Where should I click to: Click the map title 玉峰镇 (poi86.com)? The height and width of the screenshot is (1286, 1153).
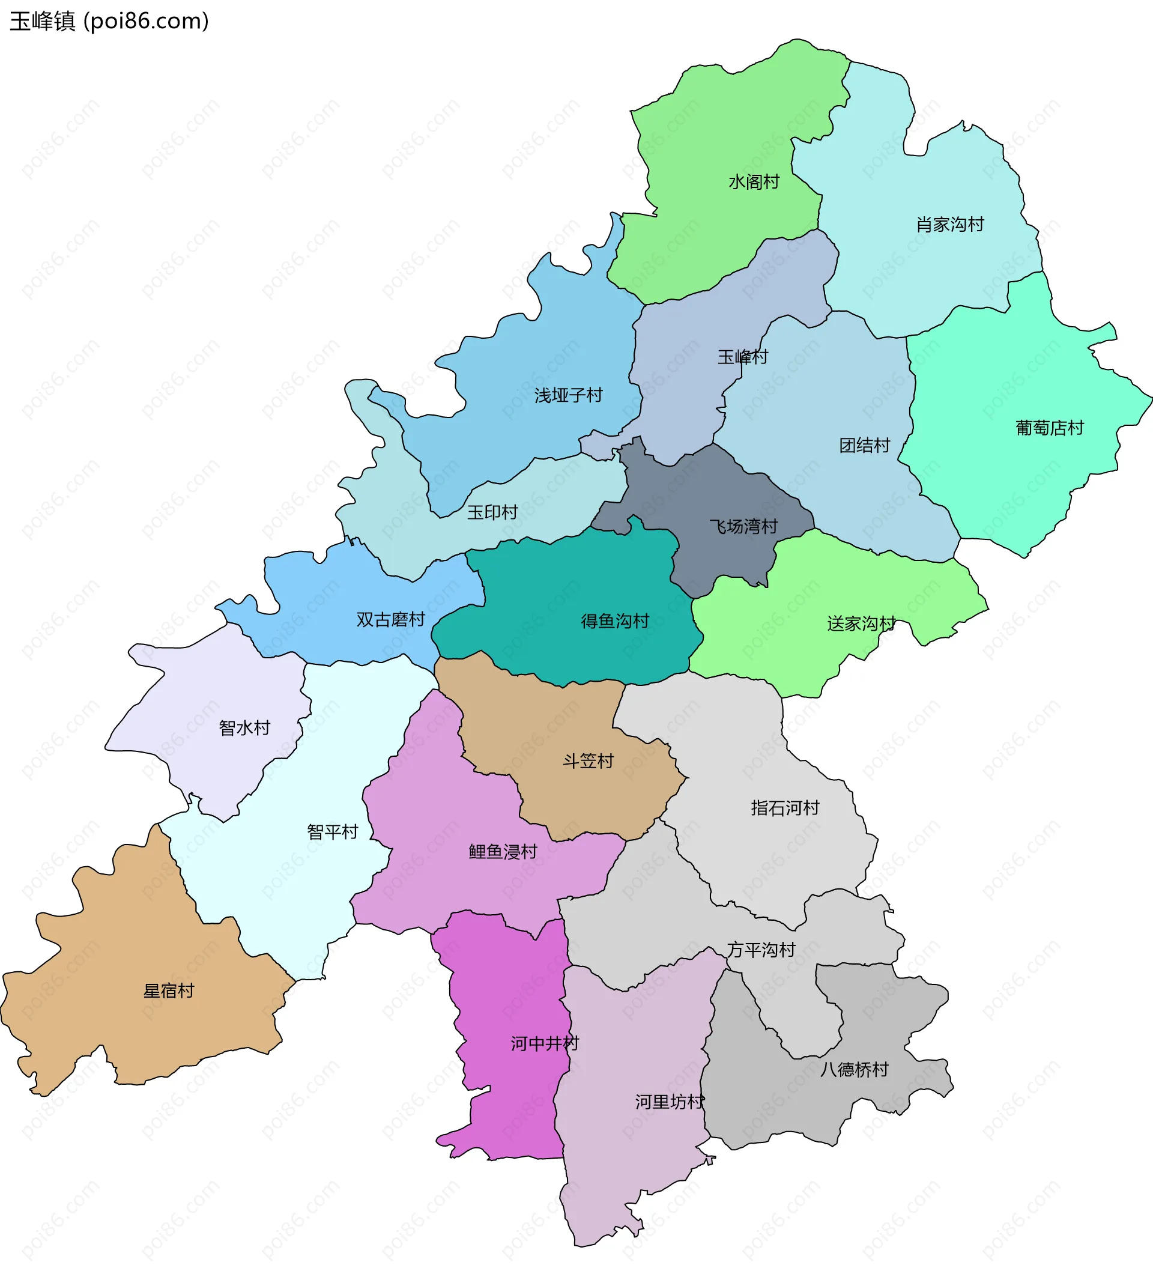pyautogui.click(x=109, y=22)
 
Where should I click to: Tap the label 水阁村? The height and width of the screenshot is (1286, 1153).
pyautogui.click(x=754, y=183)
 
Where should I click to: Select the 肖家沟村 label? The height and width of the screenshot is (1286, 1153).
pyautogui.click(x=949, y=225)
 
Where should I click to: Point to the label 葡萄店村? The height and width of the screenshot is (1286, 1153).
pyautogui.click(x=1050, y=428)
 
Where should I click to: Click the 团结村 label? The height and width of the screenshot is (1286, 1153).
pyautogui.click(x=865, y=446)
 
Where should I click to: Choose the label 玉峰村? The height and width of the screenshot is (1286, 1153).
pyautogui.click(x=742, y=357)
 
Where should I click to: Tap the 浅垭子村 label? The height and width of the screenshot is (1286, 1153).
pyautogui.click(x=568, y=396)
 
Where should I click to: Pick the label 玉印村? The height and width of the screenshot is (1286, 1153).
pyautogui.click(x=492, y=512)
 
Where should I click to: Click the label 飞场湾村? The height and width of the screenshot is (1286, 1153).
pyautogui.click(x=743, y=526)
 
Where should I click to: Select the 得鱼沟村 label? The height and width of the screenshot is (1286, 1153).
pyautogui.click(x=615, y=622)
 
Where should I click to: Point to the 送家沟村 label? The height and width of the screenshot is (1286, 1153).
pyautogui.click(x=861, y=624)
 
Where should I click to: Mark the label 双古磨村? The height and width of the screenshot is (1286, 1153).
pyautogui.click(x=390, y=619)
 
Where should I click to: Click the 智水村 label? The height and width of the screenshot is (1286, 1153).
pyautogui.click(x=244, y=728)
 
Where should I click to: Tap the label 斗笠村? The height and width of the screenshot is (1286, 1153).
pyautogui.click(x=589, y=761)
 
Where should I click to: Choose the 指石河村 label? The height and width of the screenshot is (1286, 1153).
pyautogui.click(x=785, y=808)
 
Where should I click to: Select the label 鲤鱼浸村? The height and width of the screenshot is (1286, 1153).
pyautogui.click(x=503, y=851)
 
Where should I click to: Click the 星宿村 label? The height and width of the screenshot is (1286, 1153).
pyautogui.click(x=169, y=991)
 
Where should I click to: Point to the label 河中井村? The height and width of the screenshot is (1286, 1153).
pyautogui.click(x=545, y=1043)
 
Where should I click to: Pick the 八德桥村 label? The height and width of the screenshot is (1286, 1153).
pyautogui.click(x=854, y=1069)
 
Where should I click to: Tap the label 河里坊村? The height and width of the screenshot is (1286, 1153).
pyautogui.click(x=670, y=1102)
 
